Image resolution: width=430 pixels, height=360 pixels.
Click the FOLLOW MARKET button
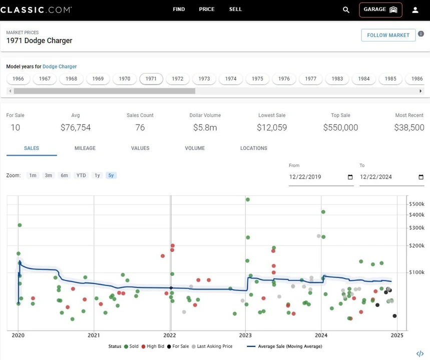pos(388,35)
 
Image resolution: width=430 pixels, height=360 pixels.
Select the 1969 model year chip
pos(98,79)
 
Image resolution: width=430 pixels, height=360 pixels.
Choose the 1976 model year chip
pos(284,79)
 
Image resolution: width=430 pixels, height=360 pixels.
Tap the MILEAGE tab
pos(85,148)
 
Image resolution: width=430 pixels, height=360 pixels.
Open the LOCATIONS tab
pos(254,148)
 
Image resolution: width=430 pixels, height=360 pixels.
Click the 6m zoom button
pos(64,175)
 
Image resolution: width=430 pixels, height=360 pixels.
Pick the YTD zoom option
pos(81,175)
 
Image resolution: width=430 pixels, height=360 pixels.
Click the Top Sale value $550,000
pos(340,127)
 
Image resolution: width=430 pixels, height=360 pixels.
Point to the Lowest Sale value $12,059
pos(272,127)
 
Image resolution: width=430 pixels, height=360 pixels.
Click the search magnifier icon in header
pos(346,10)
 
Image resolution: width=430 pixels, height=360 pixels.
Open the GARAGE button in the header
pos(380,10)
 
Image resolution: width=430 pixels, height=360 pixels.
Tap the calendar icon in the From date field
pos(350,177)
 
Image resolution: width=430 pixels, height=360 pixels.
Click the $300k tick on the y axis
pos(417,228)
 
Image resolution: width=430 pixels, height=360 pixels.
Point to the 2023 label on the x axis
pos(245,335)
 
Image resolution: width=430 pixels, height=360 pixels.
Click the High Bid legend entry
pos(153,346)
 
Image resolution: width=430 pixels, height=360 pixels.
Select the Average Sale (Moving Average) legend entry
pos(285,346)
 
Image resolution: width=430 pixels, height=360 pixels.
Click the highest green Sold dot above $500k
pos(248,199)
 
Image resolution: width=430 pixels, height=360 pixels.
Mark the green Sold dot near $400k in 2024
pos(323,212)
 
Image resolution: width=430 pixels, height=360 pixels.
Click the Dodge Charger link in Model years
pos(60,66)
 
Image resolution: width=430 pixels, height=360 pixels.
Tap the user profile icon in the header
pos(415,10)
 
